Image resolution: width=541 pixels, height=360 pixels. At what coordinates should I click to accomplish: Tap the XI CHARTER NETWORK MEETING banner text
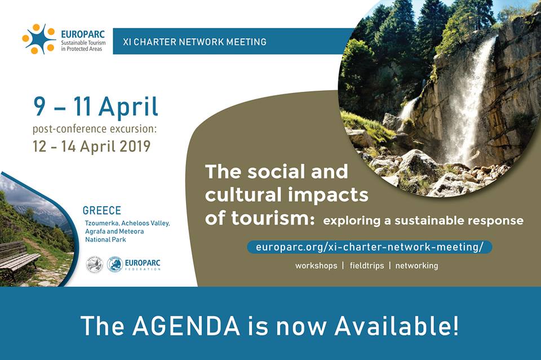click(x=194, y=42)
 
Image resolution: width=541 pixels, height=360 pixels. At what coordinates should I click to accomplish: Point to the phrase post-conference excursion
click(x=95, y=129)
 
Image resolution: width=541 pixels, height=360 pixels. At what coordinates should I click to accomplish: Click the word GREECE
click(x=102, y=210)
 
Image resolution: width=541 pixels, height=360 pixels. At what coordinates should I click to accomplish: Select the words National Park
click(x=105, y=239)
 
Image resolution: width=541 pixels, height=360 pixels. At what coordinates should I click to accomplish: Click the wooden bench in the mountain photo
click(x=18, y=259)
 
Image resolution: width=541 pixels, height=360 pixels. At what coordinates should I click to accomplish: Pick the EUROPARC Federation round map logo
click(x=115, y=264)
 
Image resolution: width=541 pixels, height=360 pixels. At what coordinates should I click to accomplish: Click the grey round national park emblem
click(x=94, y=265)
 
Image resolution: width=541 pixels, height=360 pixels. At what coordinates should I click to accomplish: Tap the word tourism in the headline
click(x=273, y=217)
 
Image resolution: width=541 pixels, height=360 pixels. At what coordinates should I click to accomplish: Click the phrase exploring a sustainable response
click(x=423, y=220)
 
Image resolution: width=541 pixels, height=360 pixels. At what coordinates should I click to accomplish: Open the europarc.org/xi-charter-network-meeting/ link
click(x=369, y=247)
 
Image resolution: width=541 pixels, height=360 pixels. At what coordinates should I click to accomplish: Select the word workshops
click(x=316, y=265)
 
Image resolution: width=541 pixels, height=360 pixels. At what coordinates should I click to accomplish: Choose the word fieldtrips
click(x=367, y=265)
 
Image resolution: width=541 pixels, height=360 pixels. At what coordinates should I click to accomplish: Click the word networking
click(x=416, y=265)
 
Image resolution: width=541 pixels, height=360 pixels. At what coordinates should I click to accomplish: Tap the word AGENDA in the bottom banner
click(x=186, y=325)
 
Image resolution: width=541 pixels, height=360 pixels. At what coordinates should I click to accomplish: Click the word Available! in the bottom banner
click(x=396, y=325)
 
